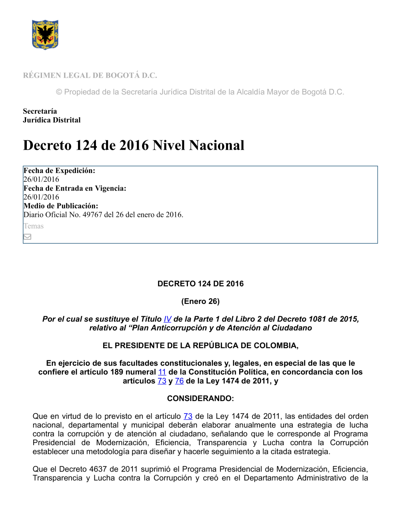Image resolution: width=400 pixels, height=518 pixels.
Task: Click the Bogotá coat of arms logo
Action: tap(45, 35)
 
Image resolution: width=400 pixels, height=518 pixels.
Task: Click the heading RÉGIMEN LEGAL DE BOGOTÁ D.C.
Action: tap(90, 75)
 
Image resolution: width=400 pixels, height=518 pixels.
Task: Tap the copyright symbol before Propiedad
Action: tap(59, 92)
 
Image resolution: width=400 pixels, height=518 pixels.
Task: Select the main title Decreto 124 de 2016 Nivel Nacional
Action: tap(134, 145)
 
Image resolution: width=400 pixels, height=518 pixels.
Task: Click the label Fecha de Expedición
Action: tap(59, 171)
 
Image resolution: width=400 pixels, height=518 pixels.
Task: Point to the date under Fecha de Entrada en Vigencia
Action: tap(41, 197)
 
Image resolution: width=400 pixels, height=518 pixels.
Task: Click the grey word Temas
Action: tap(34, 226)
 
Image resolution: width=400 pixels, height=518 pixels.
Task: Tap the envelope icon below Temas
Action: tap(27, 237)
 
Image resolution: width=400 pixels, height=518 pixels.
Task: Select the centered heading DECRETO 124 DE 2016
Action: tap(200, 284)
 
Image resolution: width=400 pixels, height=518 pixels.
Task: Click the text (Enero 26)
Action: tap(200, 301)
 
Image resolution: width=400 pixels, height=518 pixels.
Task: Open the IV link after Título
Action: tap(168, 319)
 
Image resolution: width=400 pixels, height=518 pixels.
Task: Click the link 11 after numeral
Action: tap(162, 372)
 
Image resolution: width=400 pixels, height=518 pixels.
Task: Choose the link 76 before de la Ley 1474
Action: tap(179, 381)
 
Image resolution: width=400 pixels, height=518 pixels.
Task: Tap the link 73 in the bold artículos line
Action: tap(162, 381)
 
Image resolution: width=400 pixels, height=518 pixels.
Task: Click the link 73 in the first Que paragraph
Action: tap(188, 416)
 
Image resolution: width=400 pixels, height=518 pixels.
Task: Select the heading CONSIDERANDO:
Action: tap(200, 398)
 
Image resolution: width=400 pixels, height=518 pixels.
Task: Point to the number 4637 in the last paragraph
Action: tap(98, 469)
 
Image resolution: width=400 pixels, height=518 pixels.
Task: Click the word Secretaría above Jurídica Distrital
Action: tap(40, 111)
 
